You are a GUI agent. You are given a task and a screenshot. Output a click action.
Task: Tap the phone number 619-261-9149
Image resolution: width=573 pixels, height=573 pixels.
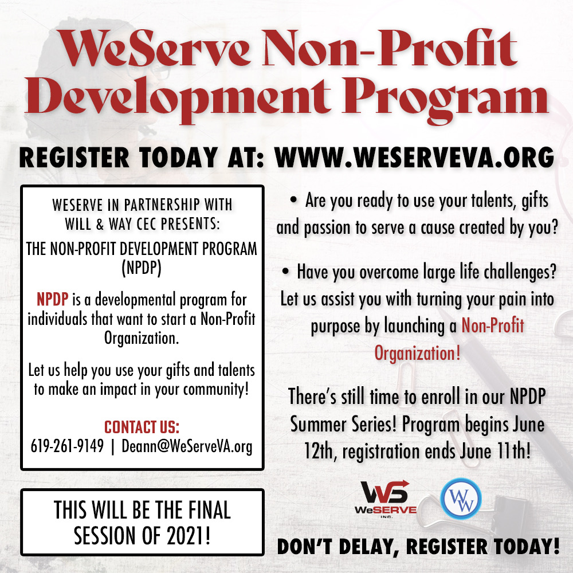(67, 446)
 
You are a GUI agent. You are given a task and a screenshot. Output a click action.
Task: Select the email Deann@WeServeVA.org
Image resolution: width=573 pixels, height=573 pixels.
(187, 446)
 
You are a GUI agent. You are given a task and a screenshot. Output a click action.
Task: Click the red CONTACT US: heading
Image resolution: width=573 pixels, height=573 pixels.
(142, 427)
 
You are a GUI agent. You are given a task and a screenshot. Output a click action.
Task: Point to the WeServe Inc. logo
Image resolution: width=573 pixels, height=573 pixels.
(385, 499)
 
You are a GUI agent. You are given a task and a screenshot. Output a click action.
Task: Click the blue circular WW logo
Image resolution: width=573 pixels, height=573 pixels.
(461, 499)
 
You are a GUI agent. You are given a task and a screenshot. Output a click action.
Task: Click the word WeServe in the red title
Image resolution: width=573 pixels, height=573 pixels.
(154, 48)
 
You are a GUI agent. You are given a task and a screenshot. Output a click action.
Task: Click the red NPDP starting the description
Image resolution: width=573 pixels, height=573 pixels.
(52, 299)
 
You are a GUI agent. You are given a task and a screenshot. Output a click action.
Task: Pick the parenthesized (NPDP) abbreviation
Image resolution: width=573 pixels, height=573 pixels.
(142, 268)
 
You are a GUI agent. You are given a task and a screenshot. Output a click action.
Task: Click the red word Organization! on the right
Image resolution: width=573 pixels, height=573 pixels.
(417, 353)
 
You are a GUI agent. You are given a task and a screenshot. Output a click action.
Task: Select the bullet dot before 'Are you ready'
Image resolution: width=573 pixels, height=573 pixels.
(293, 199)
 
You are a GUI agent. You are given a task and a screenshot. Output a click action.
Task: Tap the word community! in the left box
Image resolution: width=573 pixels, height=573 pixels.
(216, 389)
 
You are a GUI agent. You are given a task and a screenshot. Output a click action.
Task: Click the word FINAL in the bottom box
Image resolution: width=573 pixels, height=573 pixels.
(209, 510)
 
